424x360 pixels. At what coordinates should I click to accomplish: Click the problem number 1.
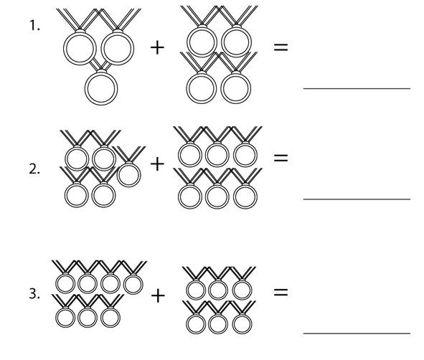coord(34,26)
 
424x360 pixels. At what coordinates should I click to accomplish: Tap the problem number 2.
coord(34,169)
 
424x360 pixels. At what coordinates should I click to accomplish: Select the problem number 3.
coord(34,293)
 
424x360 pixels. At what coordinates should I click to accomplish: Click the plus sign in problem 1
coord(157,47)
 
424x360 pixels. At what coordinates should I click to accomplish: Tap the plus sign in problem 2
coord(157,164)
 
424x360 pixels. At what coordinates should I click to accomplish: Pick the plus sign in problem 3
coord(158,295)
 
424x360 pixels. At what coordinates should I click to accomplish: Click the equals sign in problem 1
coord(281,47)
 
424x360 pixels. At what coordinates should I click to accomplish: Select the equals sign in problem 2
coord(281,158)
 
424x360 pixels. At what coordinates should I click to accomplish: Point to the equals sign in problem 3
coord(281,292)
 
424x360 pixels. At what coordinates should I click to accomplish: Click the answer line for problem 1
coord(357,88)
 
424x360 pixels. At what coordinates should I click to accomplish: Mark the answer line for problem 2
coord(357,199)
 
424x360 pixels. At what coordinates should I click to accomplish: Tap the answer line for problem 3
coord(357,333)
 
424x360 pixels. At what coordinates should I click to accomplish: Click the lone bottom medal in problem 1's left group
coord(101,104)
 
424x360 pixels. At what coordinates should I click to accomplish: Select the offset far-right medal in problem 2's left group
coord(128,186)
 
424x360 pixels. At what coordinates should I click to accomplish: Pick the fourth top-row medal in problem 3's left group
coord(133,294)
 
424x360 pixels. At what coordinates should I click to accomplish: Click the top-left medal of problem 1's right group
coord(202,56)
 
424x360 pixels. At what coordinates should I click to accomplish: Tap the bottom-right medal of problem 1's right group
coord(236,103)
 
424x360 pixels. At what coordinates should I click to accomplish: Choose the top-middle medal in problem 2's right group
coord(217,166)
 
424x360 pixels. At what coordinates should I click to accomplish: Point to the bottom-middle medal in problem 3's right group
coord(218,333)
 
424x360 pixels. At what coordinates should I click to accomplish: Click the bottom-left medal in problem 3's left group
coord(65,327)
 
